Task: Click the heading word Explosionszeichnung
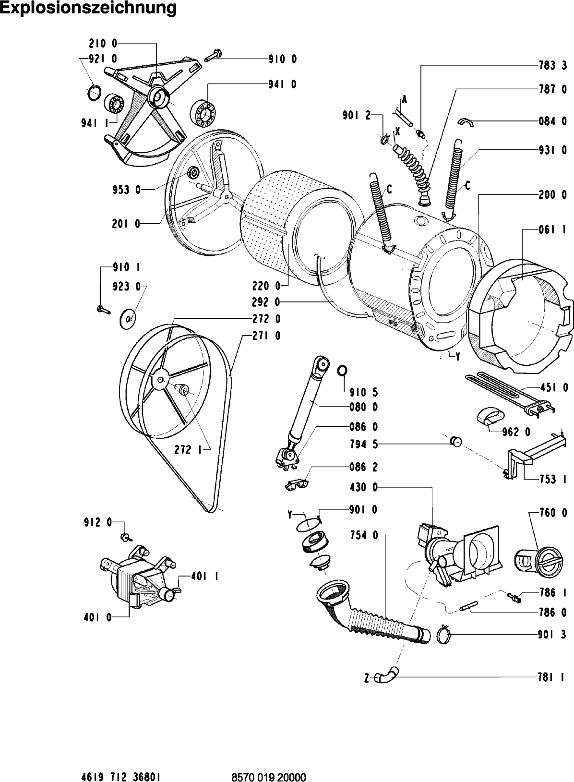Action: coord(88,9)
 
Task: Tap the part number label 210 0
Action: coord(103,43)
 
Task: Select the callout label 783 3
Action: coord(552,66)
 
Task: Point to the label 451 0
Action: coord(552,387)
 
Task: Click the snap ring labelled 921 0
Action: coord(95,92)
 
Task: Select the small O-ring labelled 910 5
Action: coord(342,371)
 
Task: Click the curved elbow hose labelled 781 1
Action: coord(387,676)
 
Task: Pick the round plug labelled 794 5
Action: coord(455,441)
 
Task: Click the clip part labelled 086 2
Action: coord(297,485)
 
